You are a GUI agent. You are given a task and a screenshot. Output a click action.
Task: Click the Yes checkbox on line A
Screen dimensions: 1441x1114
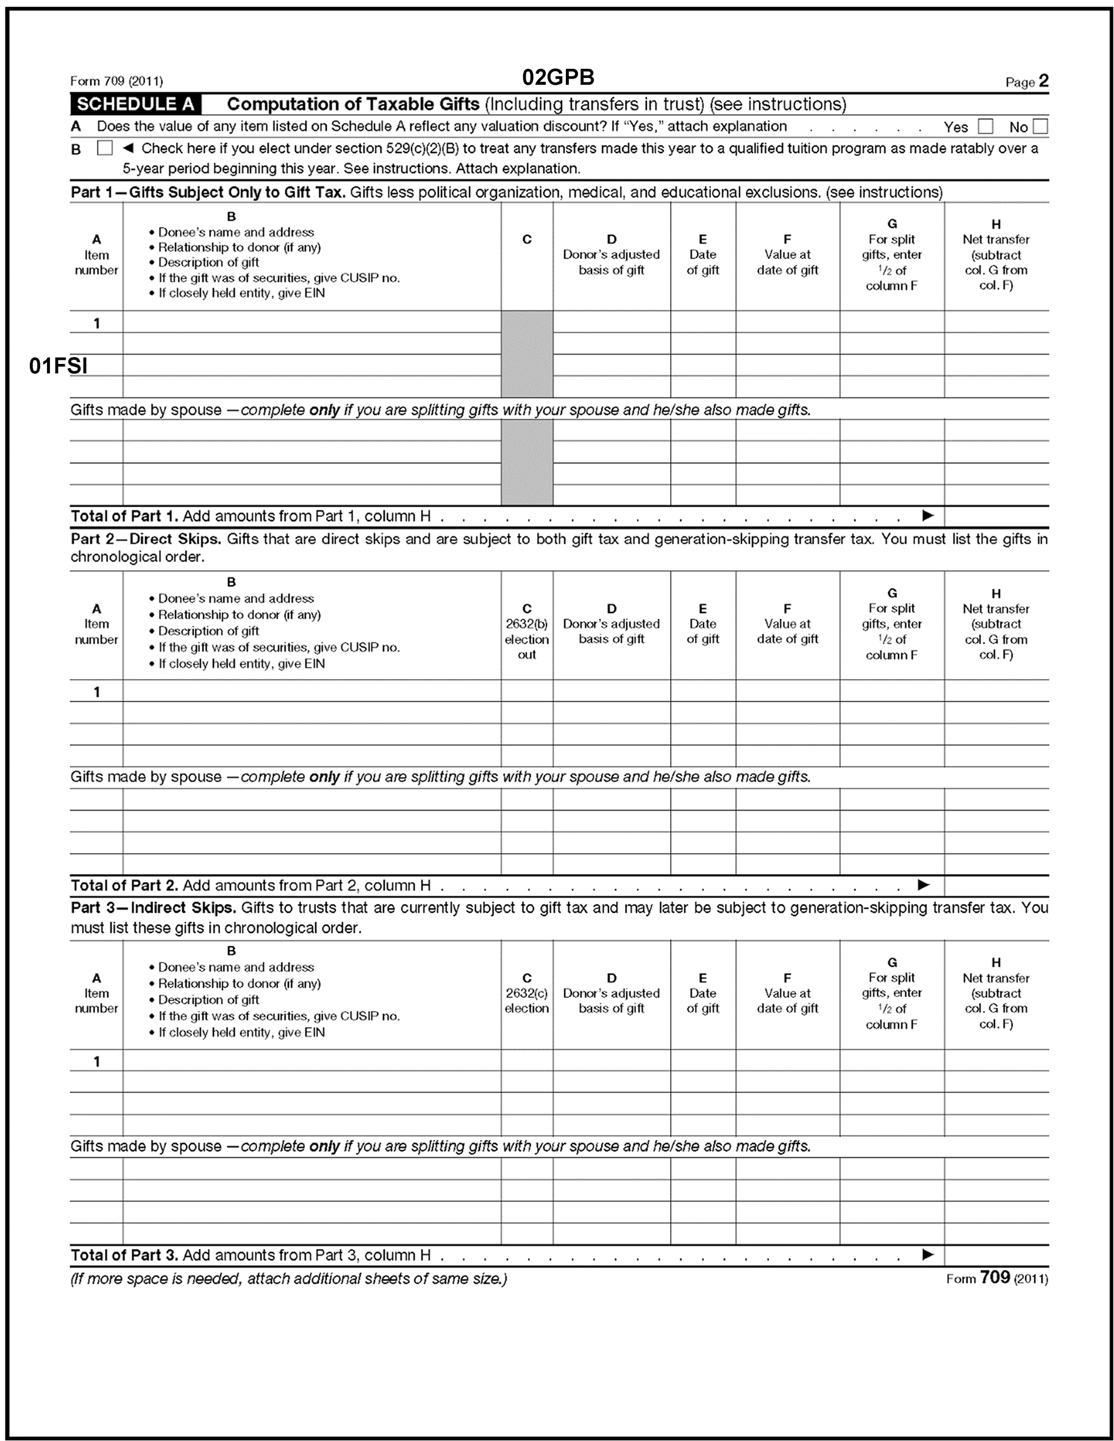pyautogui.click(x=985, y=126)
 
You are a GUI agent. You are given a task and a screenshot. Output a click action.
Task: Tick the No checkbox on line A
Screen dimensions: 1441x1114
pyautogui.click(x=1040, y=126)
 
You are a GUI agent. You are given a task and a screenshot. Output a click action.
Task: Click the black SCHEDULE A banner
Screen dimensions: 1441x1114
pyautogui.click(x=136, y=104)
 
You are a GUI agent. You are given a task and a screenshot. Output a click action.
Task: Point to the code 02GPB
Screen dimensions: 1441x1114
pyautogui.click(x=558, y=77)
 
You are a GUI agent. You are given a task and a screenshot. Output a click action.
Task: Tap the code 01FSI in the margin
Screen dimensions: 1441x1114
pyautogui.click(x=58, y=366)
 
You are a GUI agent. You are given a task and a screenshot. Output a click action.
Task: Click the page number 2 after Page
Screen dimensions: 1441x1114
pyautogui.click(x=1043, y=81)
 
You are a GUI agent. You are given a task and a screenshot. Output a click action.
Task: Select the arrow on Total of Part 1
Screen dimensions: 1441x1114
pyautogui.click(x=928, y=515)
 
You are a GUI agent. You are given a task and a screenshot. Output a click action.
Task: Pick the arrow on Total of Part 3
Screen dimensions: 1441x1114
pyautogui.click(x=928, y=1254)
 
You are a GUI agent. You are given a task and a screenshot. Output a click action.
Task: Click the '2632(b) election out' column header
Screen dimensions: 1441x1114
pyautogui.click(x=527, y=632)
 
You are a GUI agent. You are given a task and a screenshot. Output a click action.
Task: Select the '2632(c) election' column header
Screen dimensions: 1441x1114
pyautogui.click(x=527, y=993)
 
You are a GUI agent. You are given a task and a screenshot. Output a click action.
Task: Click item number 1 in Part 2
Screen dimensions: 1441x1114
pyautogui.click(x=96, y=691)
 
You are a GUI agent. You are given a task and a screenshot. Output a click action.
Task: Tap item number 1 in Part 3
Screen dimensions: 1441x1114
pyautogui.click(x=96, y=1061)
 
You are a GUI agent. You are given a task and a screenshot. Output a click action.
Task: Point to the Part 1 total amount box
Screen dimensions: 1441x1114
pyautogui.click(x=996, y=516)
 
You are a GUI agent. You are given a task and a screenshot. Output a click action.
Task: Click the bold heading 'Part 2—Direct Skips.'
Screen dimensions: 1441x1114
pyautogui.click(x=146, y=539)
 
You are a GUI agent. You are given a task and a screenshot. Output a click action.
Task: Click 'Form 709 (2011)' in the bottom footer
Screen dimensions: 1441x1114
pyautogui.click(x=996, y=1278)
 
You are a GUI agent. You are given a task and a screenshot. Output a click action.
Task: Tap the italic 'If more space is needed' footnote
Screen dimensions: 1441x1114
pyautogui.click(x=288, y=1279)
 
